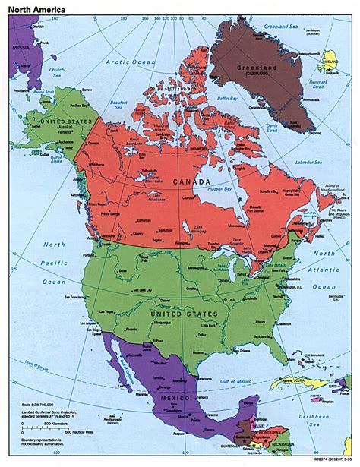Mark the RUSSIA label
tap(17, 46)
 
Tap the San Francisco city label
tap(76, 297)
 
